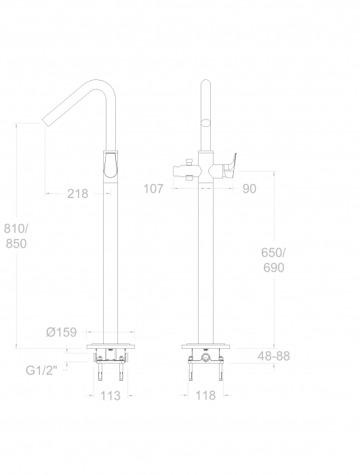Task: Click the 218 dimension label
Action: pos(77,193)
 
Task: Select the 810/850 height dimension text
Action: pos(16,236)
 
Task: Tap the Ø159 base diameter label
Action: pos(62,332)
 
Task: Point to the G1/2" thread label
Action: pos(41,370)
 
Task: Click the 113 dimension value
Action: pos(111,396)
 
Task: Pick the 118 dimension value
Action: pos(205,396)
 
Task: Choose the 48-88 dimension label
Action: pos(274,356)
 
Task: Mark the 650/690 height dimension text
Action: pos(273,260)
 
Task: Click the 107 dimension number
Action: pos(153,189)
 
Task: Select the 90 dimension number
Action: pos(249,189)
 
